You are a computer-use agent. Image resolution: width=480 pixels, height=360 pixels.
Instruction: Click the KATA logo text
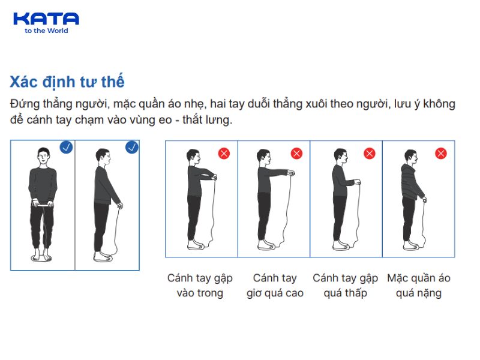click(46, 19)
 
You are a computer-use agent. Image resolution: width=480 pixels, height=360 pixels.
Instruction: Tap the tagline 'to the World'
click(46, 31)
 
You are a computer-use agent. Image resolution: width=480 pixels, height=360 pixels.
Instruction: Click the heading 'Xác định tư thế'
click(67, 82)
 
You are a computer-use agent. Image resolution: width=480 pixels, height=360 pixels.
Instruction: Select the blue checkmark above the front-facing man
click(66, 147)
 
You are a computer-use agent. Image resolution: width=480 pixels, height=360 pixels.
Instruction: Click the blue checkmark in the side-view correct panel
click(131, 147)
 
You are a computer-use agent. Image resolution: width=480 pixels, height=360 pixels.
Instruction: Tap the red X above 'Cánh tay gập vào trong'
click(224, 154)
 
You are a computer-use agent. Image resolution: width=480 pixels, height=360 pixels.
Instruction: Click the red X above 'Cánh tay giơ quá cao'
click(296, 154)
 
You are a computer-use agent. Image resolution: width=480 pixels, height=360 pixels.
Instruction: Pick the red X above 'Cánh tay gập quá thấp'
click(370, 154)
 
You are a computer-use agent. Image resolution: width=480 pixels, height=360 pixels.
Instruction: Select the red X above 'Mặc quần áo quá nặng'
click(441, 154)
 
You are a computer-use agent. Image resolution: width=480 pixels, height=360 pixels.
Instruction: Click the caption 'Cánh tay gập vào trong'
click(200, 286)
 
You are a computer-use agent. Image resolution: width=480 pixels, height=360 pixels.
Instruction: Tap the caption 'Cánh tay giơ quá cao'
click(275, 286)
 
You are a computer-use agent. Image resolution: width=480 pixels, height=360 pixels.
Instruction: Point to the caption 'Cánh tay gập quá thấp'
click(346, 286)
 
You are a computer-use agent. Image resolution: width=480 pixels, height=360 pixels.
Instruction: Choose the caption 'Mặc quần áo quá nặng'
click(418, 286)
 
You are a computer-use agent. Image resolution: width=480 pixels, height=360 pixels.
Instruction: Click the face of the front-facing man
click(43, 158)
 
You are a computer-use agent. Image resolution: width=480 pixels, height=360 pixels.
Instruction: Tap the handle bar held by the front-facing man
click(43, 204)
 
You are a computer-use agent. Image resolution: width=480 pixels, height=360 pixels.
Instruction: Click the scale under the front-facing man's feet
click(41, 259)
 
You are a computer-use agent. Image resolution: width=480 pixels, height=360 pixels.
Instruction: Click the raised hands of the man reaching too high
click(291, 173)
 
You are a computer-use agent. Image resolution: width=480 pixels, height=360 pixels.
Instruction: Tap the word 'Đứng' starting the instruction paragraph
click(25, 104)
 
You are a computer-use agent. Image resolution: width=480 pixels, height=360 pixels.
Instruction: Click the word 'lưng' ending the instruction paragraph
click(218, 119)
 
